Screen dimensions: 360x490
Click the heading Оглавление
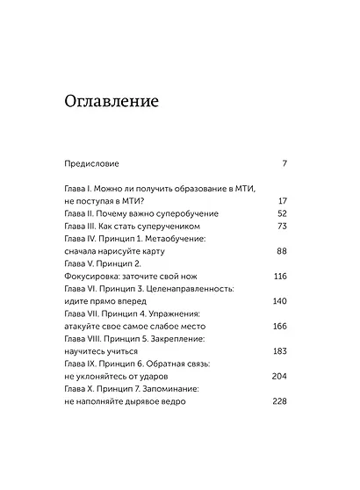click(x=112, y=100)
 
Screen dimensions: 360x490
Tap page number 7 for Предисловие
click(x=284, y=164)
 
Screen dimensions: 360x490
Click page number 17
click(x=282, y=201)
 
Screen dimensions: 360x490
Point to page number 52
click(x=282, y=213)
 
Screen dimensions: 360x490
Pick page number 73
click(x=282, y=226)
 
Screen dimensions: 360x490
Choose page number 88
click(x=282, y=251)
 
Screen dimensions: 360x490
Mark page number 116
click(x=280, y=276)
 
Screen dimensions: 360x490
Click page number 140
click(x=280, y=301)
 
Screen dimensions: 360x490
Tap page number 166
click(x=280, y=326)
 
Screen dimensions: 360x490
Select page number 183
click(x=280, y=351)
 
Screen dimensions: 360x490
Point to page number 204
click(x=280, y=376)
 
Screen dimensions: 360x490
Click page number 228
click(x=280, y=401)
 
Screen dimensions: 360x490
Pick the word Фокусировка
click(x=95, y=276)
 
